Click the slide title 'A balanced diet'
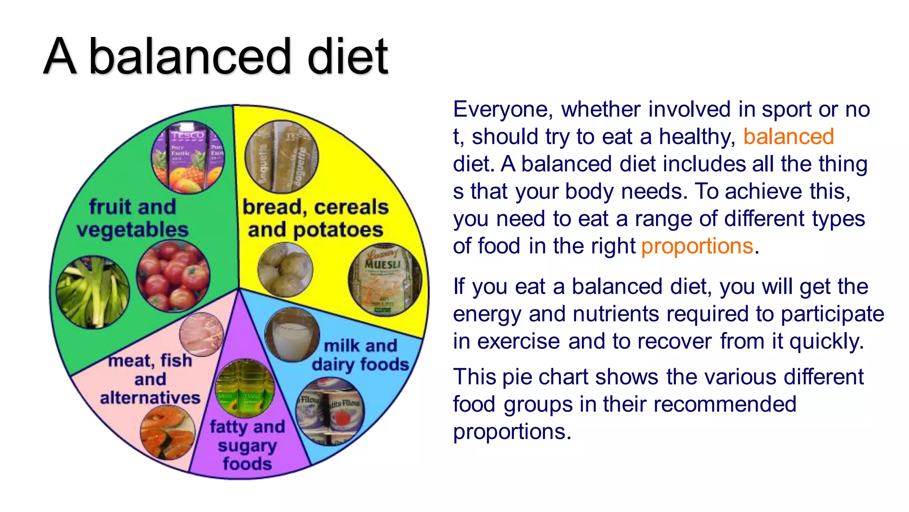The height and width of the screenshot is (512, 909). [216, 56]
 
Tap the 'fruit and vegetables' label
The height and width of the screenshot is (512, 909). [132, 218]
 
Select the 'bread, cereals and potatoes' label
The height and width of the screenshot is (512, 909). [315, 218]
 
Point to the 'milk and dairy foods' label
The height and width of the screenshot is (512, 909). [360, 355]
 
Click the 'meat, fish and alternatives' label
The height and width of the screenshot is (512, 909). [150, 379]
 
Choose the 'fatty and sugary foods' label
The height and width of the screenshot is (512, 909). [247, 445]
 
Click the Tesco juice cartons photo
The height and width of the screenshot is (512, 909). [188, 157]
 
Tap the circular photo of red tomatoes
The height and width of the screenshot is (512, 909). [173, 276]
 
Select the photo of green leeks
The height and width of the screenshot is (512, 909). [93, 292]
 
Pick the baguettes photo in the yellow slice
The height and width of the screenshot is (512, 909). [281, 157]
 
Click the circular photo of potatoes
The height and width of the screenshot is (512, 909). [285, 270]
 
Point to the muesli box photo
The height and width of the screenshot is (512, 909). [384, 280]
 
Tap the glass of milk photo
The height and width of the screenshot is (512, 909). [292, 334]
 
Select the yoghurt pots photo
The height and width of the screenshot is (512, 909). [330, 411]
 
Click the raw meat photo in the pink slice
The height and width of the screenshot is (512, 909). [202, 334]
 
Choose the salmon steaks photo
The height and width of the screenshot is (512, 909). [168, 432]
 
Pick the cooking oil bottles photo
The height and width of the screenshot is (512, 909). [245, 388]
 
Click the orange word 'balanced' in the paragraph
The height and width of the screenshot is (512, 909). [789, 136]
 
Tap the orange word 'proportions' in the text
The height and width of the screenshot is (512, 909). [697, 246]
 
